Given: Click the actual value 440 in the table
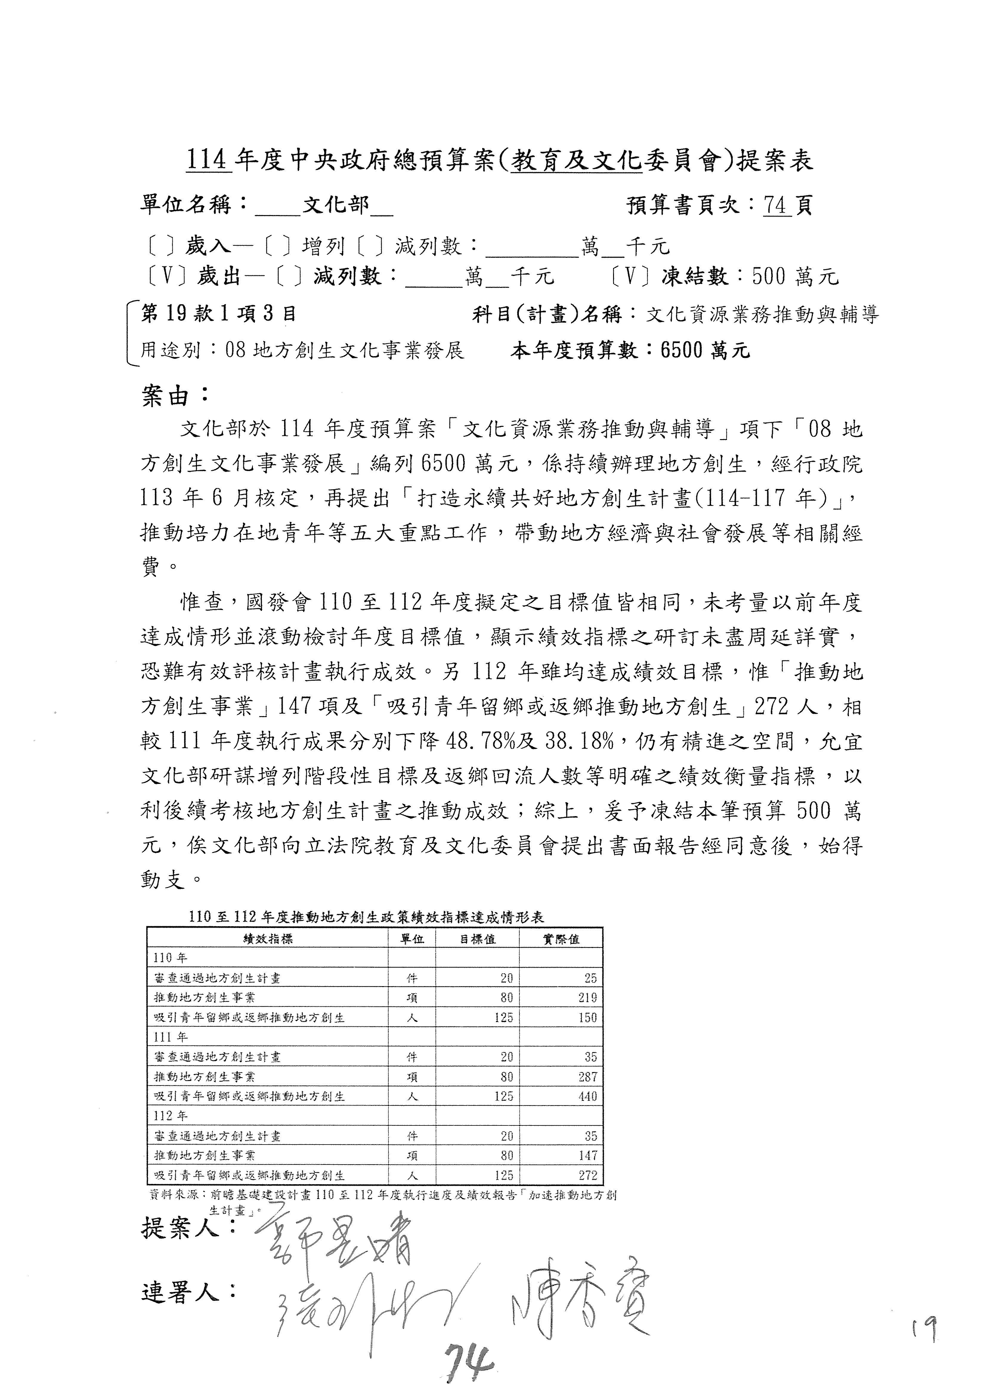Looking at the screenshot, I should (x=587, y=1096).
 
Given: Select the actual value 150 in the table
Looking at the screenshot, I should (x=587, y=1017).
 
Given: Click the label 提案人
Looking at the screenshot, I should (x=188, y=1228).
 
